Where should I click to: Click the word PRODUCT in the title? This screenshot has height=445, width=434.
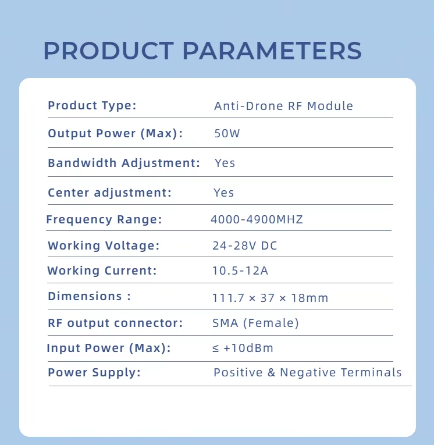[x=109, y=51]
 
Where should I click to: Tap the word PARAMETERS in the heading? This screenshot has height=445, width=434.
[x=272, y=51]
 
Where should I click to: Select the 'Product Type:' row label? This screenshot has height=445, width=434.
[x=92, y=106]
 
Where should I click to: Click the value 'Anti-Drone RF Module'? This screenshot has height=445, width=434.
[x=283, y=106]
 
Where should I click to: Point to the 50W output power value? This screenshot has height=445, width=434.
[x=227, y=133]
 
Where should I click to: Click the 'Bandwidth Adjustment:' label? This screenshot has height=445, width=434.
[x=124, y=163]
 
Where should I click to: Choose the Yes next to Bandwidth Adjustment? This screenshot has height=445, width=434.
[x=225, y=163]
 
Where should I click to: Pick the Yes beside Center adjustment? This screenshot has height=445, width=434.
[x=223, y=193]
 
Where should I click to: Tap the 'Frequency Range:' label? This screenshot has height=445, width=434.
[x=104, y=219]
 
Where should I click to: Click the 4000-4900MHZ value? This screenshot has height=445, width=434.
[x=257, y=219]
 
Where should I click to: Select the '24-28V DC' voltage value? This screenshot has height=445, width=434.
[x=245, y=245]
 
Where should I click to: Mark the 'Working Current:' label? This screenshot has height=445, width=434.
[x=102, y=270]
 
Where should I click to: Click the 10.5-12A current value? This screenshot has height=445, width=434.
[x=240, y=270]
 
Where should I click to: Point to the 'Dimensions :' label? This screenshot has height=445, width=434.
[x=90, y=296]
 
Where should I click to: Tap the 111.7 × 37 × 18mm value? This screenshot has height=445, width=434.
[x=270, y=298]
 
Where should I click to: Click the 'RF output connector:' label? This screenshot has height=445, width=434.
[x=115, y=323]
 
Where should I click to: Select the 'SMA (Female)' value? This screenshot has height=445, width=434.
[x=256, y=323]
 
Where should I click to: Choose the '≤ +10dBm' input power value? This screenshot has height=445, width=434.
[x=243, y=348]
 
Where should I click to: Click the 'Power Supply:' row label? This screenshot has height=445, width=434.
[x=94, y=373]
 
